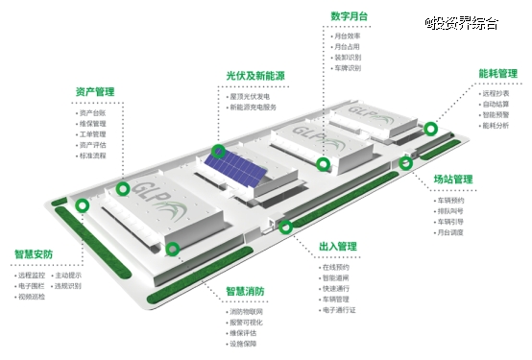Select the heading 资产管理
pyautogui.click(x=95, y=92)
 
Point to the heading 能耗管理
pyautogui.click(x=497, y=73)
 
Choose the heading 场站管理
pyautogui.click(x=453, y=179)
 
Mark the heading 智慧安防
pyautogui.click(x=34, y=254)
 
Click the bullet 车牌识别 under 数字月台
pyautogui.click(x=347, y=68)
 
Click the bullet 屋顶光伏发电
pyautogui.click(x=255, y=97)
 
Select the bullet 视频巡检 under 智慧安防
pyautogui.click(x=31, y=297)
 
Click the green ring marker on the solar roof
pyautogui.click(x=219, y=151)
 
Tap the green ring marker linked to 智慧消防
pyautogui.click(x=173, y=249)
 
